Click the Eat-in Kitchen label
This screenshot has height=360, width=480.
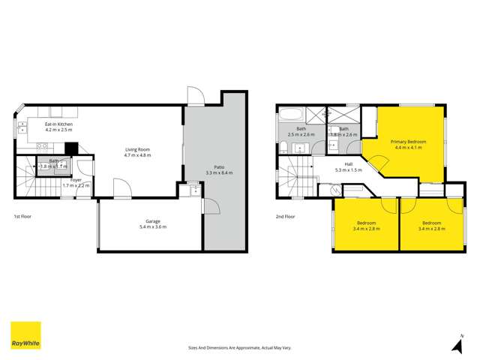pyautogui.click(x=58, y=124)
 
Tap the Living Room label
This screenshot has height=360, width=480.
pyautogui.click(x=137, y=150)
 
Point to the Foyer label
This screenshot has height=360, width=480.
pyautogui.click(x=76, y=180)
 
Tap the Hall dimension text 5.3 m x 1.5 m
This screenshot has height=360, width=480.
pyautogui.click(x=348, y=170)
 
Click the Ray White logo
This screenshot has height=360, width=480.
pyautogui.click(x=25, y=335)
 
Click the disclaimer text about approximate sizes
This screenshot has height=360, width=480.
pyautogui.click(x=239, y=348)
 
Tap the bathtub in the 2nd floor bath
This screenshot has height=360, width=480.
pyautogui.click(x=290, y=116)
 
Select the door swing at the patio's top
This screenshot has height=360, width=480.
pyautogui.click(x=194, y=97)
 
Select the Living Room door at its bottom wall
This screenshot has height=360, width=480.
pyautogui.click(x=120, y=187)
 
